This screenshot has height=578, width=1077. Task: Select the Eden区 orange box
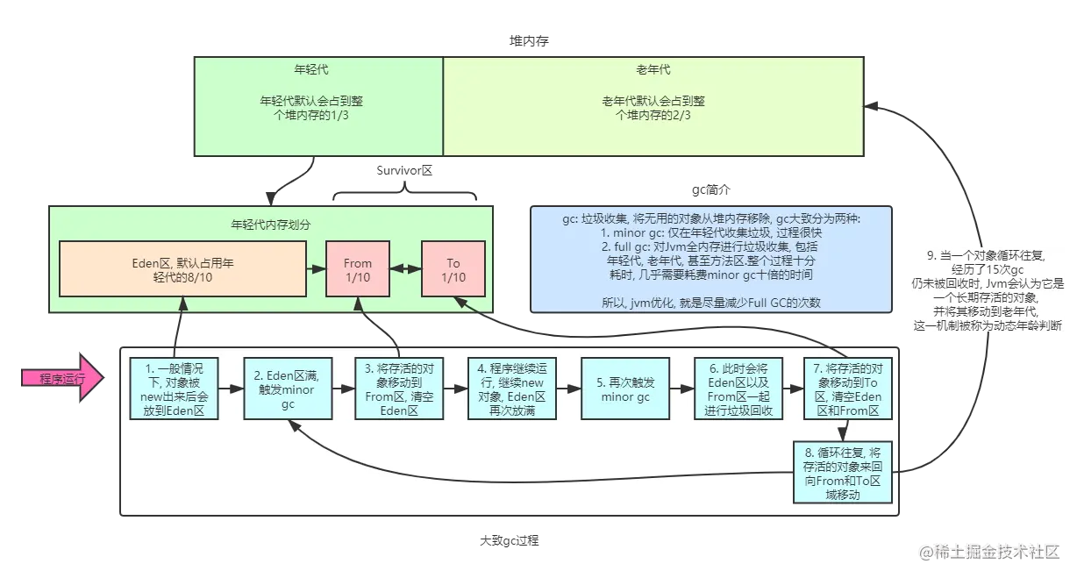coord(182,269)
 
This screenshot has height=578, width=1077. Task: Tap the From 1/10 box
coord(357,269)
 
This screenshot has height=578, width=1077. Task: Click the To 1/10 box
coord(453,269)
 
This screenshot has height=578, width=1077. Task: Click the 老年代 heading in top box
coord(653,69)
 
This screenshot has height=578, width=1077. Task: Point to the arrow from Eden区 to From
coord(315,269)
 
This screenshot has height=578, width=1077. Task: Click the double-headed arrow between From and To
coord(404,269)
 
